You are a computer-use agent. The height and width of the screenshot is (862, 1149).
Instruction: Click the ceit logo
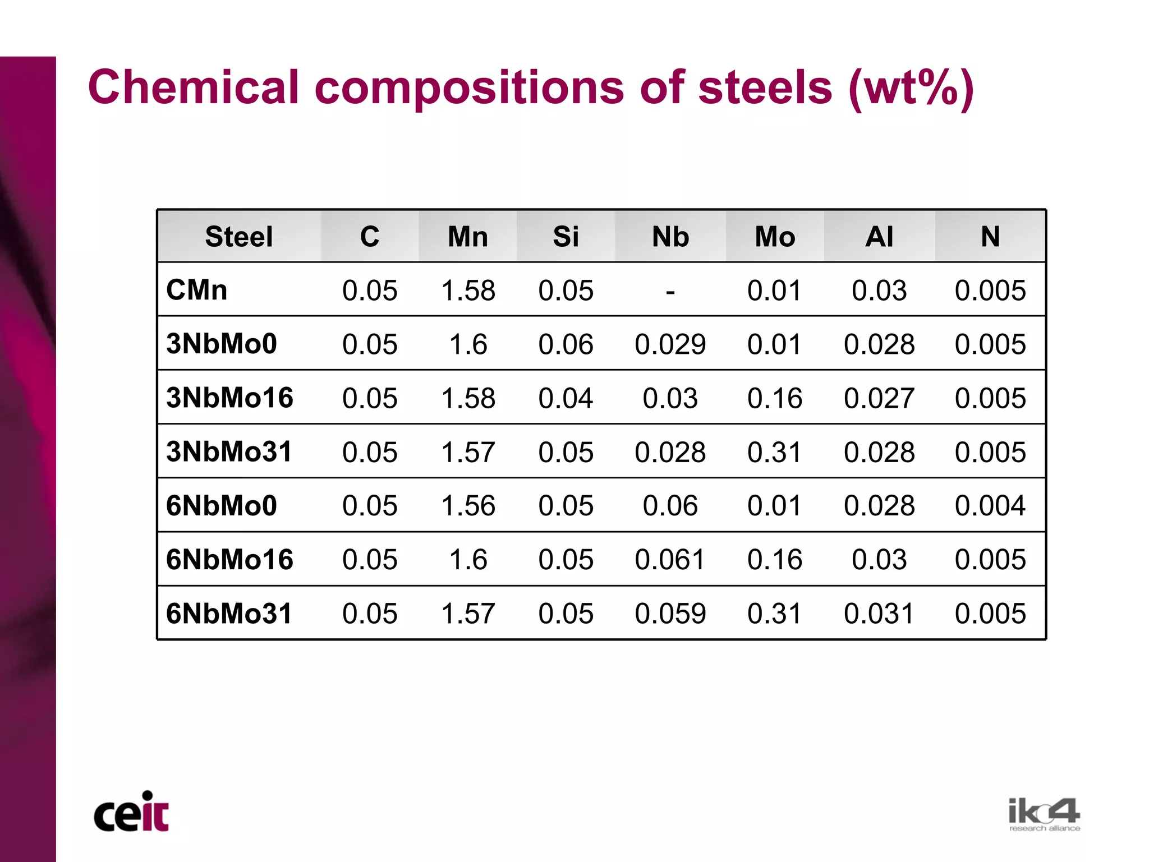[x=131, y=813]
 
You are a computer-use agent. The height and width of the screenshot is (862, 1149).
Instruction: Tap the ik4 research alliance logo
[x=1044, y=814]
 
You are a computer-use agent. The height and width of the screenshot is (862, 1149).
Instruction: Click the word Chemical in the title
[x=193, y=87]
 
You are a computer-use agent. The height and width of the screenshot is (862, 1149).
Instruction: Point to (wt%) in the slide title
[x=911, y=89]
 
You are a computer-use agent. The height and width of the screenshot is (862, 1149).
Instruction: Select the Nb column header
[x=670, y=237]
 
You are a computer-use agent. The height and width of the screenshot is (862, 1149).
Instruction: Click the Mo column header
[x=775, y=237]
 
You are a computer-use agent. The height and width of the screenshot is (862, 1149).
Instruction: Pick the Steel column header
[x=239, y=237]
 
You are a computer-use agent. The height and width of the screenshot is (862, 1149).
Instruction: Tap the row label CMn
[x=197, y=291]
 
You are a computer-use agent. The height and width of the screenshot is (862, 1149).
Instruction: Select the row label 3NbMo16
[x=229, y=398]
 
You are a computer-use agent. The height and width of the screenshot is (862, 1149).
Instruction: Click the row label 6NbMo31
[x=229, y=614]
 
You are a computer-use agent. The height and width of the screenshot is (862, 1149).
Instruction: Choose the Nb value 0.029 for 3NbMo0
[x=670, y=344]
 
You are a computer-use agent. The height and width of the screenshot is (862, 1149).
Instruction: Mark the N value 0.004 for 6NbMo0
[x=990, y=506]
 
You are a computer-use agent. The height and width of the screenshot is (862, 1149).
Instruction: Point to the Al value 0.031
[x=879, y=614]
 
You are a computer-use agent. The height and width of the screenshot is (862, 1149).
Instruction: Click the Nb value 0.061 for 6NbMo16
[x=670, y=560]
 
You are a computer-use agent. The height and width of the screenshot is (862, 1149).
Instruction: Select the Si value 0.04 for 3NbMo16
[x=566, y=398]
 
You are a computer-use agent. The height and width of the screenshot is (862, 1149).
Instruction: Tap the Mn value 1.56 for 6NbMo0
[x=468, y=506]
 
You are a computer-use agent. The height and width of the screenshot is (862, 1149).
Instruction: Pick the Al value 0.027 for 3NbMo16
[x=879, y=398]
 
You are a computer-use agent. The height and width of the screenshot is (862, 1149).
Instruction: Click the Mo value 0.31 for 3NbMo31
[x=775, y=452]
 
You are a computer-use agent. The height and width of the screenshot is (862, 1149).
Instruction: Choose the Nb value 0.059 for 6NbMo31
[x=670, y=614]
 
